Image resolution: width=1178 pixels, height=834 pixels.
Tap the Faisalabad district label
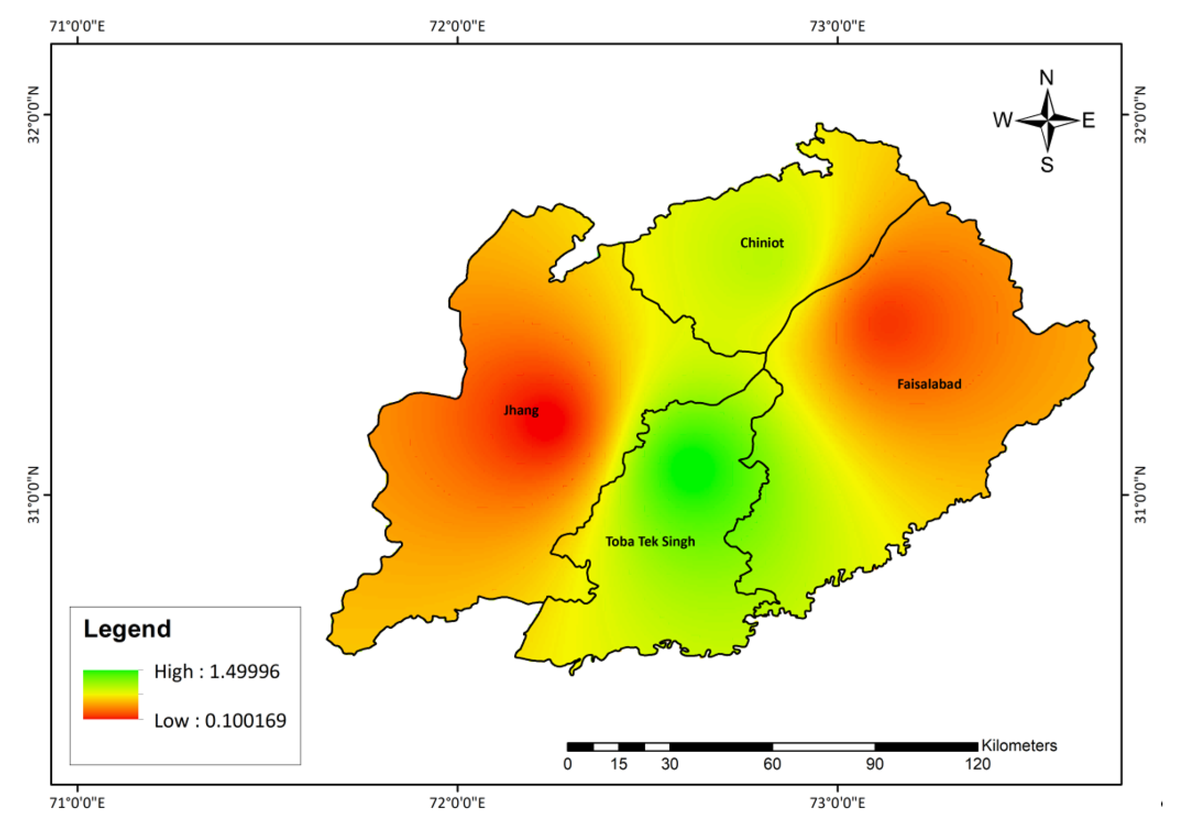(x=929, y=384)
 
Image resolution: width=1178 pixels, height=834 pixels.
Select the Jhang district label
(x=521, y=410)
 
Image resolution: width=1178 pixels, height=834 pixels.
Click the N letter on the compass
(x=1046, y=78)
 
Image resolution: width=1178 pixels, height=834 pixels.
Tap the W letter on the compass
(x=1002, y=120)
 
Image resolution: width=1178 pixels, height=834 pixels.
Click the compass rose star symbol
(x=1047, y=121)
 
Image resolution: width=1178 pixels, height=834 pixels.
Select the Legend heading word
(x=127, y=629)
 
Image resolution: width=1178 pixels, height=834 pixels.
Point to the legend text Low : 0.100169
(x=220, y=721)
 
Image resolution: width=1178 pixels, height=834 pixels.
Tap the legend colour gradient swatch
(x=110, y=694)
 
